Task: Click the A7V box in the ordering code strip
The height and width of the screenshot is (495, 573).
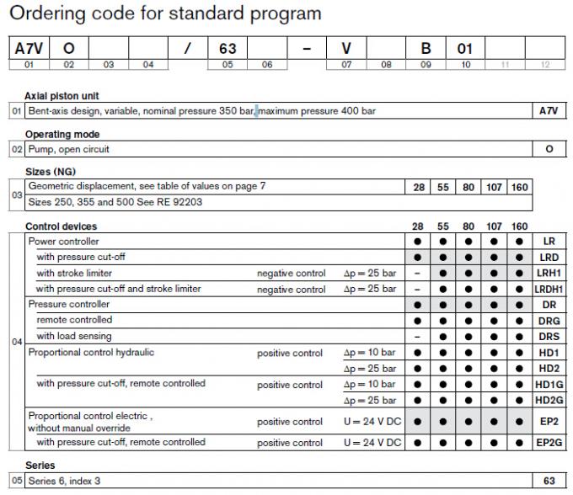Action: [29, 49]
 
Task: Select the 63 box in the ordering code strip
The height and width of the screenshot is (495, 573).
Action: [228, 49]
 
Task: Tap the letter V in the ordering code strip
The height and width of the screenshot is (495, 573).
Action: [346, 49]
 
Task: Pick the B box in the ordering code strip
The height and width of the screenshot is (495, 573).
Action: [426, 49]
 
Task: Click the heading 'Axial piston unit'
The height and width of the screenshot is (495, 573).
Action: [62, 96]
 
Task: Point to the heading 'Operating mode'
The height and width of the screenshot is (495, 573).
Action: [62, 135]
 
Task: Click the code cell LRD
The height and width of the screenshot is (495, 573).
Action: [549, 258]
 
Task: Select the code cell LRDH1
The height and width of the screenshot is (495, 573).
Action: [549, 290]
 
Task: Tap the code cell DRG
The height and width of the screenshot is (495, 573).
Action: [549, 322]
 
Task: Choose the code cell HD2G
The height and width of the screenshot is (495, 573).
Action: [549, 400]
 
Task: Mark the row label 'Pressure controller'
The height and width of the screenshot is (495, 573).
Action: [69, 305]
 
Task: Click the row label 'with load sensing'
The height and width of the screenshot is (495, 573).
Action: [74, 337]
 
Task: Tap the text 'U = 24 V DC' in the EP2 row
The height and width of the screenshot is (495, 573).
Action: [372, 422]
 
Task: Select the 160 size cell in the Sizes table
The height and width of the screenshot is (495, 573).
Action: [519, 187]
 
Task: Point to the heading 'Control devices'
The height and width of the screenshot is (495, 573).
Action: [61, 226]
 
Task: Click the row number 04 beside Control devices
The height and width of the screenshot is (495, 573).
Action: [17, 343]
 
